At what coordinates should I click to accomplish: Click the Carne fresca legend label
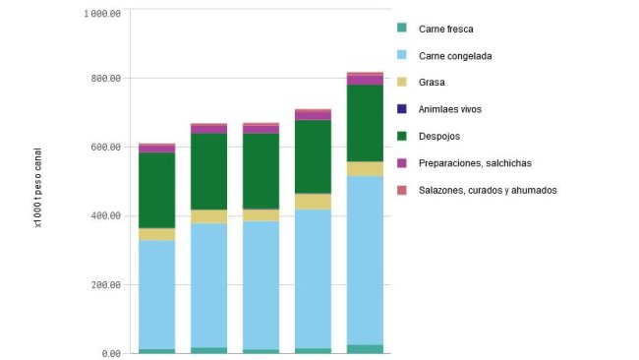(445, 29)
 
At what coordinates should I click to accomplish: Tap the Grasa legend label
(433, 83)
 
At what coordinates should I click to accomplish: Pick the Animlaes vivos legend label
(450, 109)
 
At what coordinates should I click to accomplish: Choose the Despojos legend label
(439, 136)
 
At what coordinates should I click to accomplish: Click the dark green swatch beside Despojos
(402, 136)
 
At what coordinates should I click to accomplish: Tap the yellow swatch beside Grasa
(402, 83)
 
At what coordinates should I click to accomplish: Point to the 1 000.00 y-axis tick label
(102, 14)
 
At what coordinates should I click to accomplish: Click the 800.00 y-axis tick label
(105, 79)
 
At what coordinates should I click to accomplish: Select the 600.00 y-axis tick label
(105, 148)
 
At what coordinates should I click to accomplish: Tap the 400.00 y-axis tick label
(105, 216)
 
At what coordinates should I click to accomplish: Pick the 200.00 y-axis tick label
(105, 285)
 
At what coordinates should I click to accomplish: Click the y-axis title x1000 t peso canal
(37, 181)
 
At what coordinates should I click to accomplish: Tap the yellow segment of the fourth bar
(313, 202)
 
